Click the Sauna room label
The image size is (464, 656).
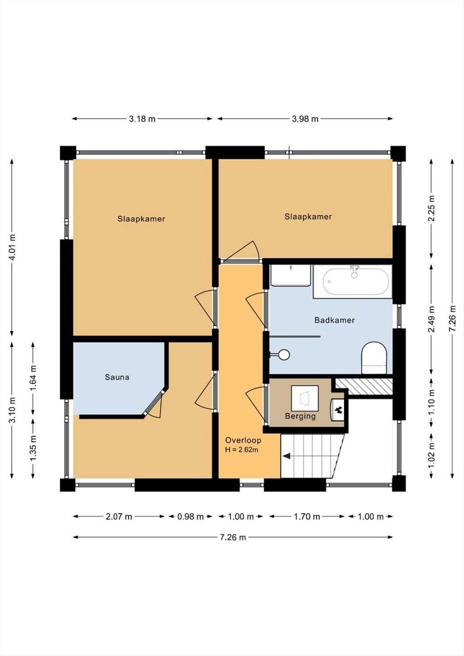(x=117, y=377)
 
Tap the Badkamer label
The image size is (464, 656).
(x=334, y=320)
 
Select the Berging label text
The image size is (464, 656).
(x=300, y=416)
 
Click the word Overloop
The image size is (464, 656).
(x=243, y=440)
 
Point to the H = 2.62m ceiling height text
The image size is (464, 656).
(x=242, y=450)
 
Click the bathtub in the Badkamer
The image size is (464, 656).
(x=356, y=282)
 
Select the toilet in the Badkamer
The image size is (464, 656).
(x=373, y=357)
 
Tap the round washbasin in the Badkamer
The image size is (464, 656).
(x=284, y=354)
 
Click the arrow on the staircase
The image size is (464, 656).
(x=287, y=456)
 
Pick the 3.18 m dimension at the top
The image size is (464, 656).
(x=142, y=119)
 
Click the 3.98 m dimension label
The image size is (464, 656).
(x=305, y=119)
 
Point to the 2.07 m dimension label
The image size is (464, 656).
(x=119, y=517)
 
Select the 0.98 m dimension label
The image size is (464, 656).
(x=190, y=517)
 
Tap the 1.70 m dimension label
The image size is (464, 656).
(x=307, y=517)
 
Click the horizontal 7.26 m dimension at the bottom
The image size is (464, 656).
(x=233, y=537)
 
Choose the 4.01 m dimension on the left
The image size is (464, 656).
(x=12, y=247)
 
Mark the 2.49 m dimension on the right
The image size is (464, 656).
(x=431, y=319)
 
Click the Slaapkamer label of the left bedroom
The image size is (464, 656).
(x=141, y=219)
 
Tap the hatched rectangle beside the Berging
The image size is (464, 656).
(x=363, y=386)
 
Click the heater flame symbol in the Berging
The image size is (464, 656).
(x=338, y=409)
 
